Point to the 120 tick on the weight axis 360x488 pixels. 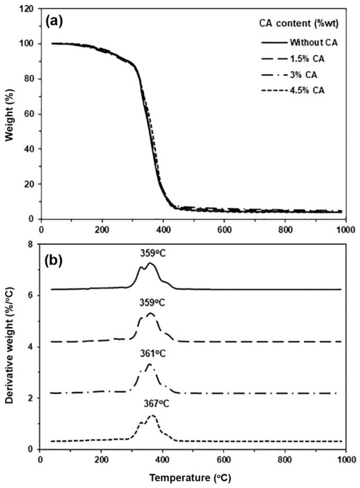point(26,9)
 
